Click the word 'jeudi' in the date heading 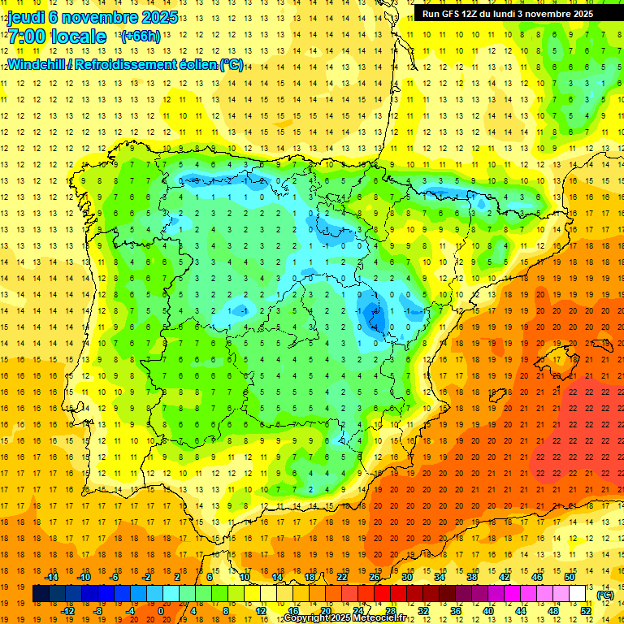[x=25, y=17]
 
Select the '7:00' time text [x=25, y=37]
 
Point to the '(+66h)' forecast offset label [x=140, y=37]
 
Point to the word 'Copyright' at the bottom [x=308, y=618]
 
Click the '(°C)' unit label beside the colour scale [x=605, y=595]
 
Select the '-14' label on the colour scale [x=54, y=578]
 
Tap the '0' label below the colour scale [x=161, y=611]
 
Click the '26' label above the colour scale [x=375, y=578]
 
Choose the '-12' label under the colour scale [x=68, y=611]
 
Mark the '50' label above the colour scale [x=570, y=578]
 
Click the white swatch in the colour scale [x=577, y=595]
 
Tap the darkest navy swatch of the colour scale [x=41, y=595]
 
